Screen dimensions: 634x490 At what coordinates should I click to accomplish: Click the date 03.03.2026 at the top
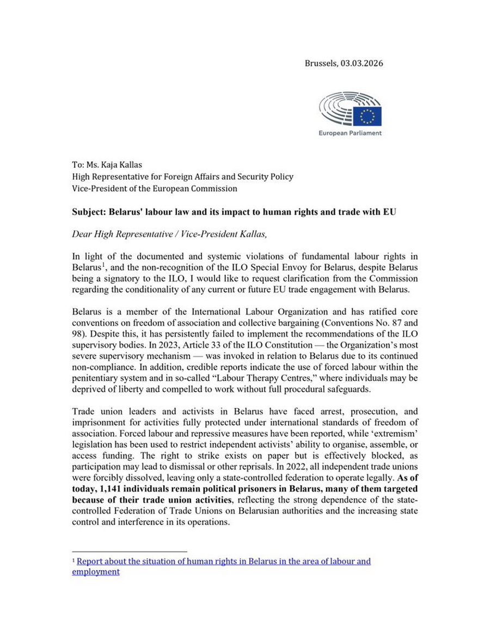coord(362,63)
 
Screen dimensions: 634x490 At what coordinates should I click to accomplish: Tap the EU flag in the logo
coord(367,116)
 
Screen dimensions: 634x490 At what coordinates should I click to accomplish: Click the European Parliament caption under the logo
coord(350,133)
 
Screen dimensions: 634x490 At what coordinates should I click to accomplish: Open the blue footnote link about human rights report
coord(223,561)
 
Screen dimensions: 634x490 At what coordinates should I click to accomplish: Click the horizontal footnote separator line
coord(129,551)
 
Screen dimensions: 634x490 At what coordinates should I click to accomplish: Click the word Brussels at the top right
coord(321,63)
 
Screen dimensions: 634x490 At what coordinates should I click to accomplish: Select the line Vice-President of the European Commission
coord(155,188)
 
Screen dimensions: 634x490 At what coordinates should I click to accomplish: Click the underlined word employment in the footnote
coord(96,572)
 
